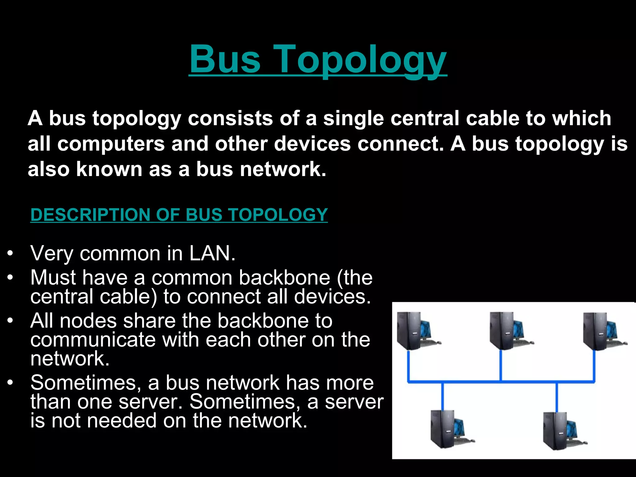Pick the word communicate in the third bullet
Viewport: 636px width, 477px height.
pos(93,339)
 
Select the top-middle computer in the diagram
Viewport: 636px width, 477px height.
pos(510,331)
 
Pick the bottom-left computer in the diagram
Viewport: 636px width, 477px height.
pos(451,429)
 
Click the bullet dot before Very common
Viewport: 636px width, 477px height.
pos(11,253)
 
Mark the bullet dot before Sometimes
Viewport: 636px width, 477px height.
pos(11,383)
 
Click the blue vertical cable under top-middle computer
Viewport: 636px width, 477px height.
pos(501,365)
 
